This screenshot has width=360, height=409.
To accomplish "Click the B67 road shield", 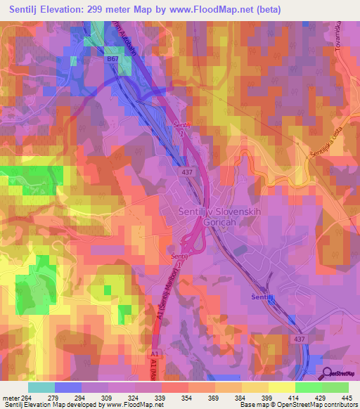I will (x=113, y=60).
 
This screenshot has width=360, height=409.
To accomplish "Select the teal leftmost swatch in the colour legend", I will (x=41, y=387).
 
